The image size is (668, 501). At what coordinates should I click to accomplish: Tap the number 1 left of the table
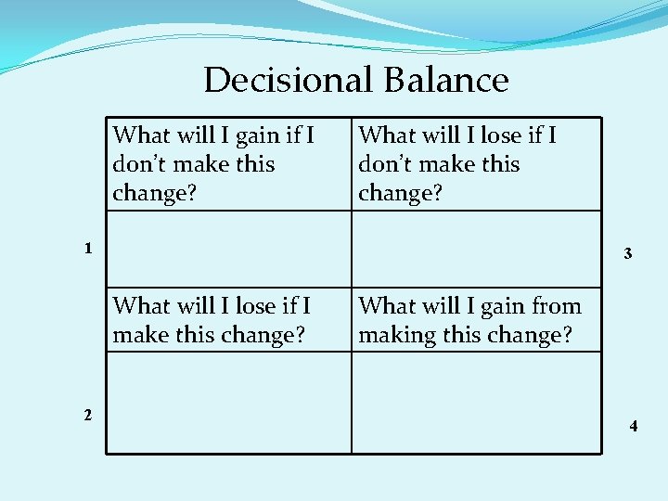click(87, 249)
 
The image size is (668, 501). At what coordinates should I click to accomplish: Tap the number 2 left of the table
click(87, 415)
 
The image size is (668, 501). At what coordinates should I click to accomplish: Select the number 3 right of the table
click(628, 253)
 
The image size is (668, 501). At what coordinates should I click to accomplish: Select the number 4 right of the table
click(633, 427)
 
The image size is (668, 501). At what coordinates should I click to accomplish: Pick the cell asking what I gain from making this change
click(476, 320)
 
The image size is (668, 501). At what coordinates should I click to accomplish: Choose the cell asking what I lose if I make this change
click(228, 320)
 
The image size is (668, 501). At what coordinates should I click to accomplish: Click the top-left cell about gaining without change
click(228, 164)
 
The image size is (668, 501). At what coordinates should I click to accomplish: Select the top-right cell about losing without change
click(476, 164)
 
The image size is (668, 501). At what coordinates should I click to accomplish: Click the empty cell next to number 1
click(228, 249)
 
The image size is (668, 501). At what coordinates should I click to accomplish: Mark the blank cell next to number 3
click(476, 249)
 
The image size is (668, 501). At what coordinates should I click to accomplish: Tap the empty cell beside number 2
click(228, 403)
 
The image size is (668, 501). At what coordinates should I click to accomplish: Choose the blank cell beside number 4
click(476, 403)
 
